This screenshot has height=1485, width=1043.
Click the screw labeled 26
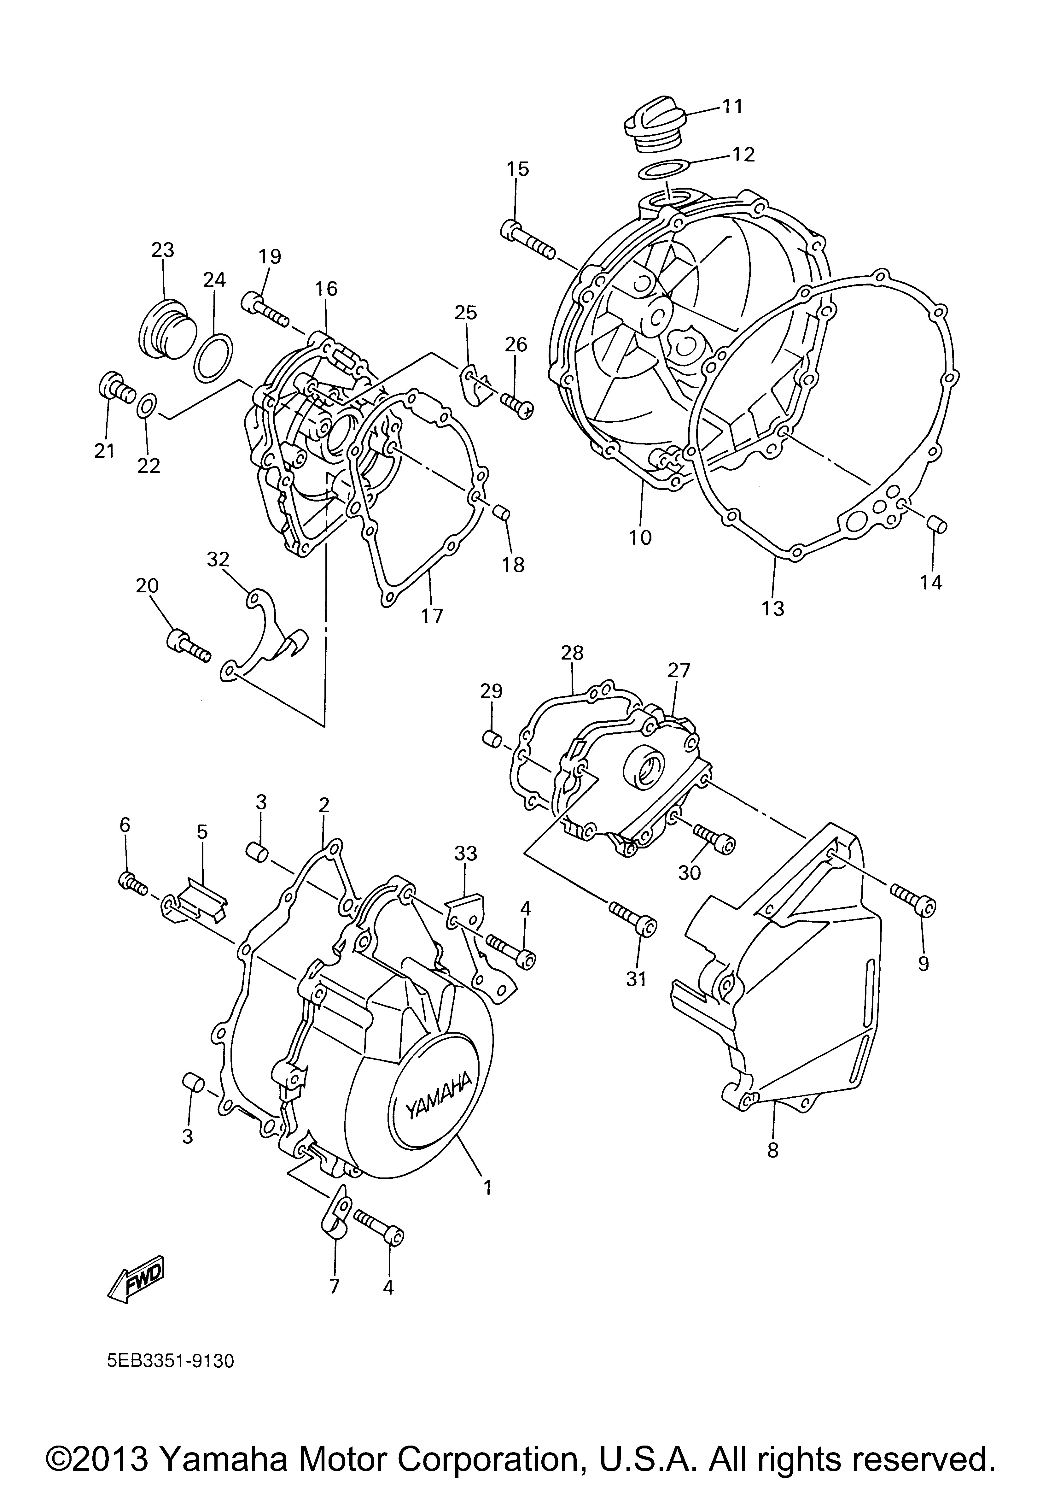pyautogui.click(x=516, y=404)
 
